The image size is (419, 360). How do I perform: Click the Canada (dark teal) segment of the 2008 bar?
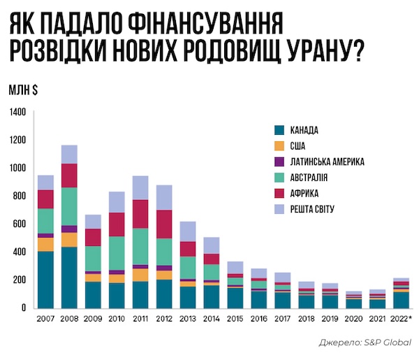pos(69,277)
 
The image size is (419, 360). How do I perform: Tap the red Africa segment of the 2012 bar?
pos(164,224)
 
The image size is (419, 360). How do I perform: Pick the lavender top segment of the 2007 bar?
pos(45,182)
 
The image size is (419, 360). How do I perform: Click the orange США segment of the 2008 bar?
pos(69,239)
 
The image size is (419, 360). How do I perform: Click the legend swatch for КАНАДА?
pos(279,130)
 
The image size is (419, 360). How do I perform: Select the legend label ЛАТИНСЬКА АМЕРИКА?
pos(327,161)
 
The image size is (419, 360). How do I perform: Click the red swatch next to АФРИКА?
pos(279,194)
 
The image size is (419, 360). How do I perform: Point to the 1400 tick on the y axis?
pos(17,112)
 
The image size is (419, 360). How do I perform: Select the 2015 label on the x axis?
pos(235,319)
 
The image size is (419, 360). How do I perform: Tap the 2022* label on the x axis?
pos(402,319)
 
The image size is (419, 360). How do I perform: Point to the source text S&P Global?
pos(388,342)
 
